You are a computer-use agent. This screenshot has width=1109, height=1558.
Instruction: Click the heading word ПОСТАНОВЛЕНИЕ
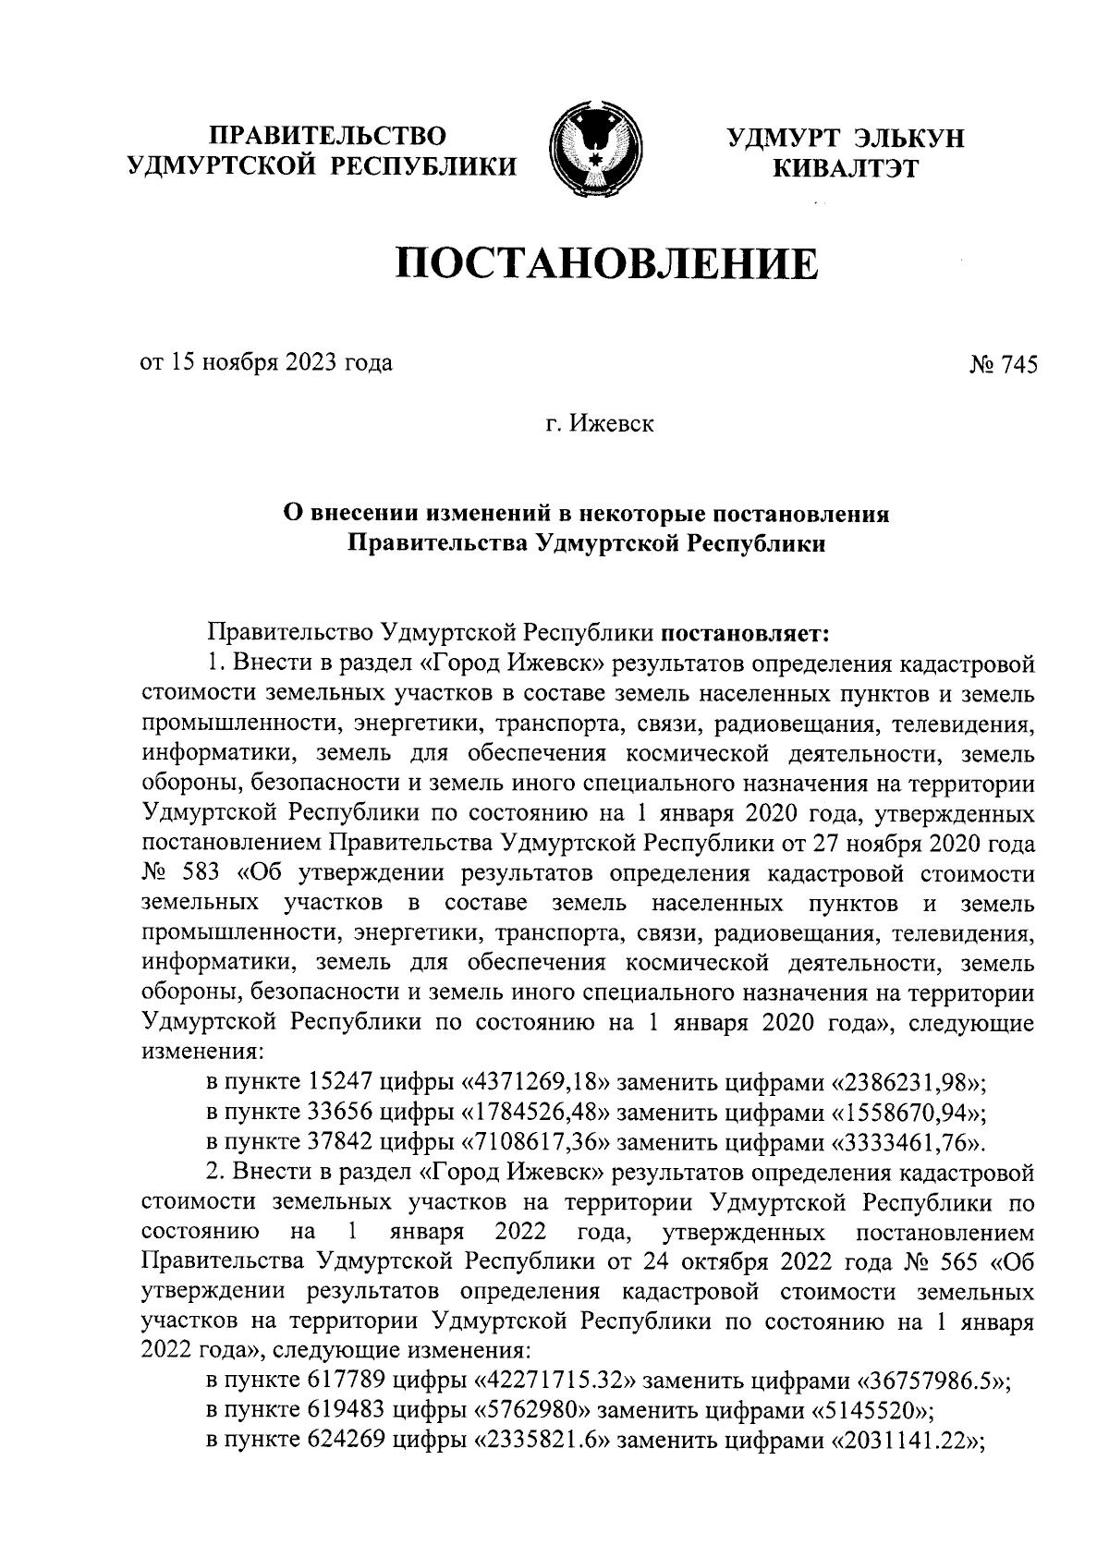[x=607, y=265]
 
